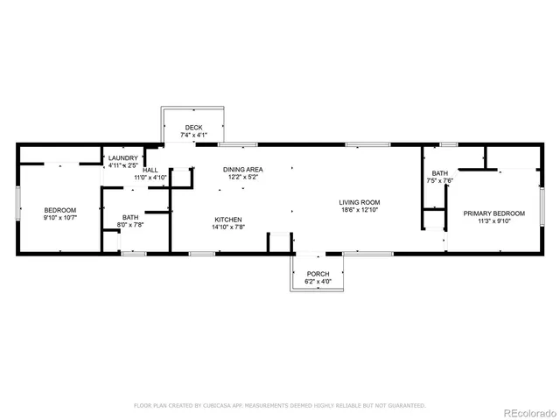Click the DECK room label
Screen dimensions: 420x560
193,128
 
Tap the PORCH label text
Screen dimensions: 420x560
318,274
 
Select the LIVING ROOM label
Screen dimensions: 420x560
360,202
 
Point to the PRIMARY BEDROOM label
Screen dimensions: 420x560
494,213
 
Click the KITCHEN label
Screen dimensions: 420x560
227,219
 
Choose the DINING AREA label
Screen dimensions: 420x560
243,169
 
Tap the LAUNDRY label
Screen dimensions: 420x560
123,157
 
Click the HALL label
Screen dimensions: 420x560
150,170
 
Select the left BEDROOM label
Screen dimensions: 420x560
60,210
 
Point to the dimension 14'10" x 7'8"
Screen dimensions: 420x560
227,227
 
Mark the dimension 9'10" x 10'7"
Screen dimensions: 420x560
60,218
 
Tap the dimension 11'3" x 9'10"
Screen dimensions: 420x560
494,221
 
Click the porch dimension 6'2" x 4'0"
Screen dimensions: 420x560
318,282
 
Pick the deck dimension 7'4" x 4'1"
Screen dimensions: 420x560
193,136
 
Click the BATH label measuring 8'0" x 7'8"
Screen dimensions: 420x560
130,217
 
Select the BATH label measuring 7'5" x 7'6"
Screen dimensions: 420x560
439,173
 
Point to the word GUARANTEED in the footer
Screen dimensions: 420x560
406,406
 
